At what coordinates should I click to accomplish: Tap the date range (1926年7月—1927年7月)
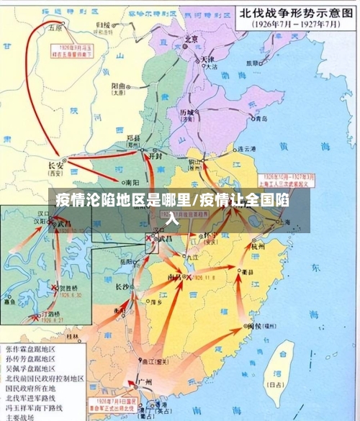(x=294, y=24)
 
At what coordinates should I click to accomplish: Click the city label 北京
(x=191, y=40)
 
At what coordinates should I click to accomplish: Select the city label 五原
(x=55, y=29)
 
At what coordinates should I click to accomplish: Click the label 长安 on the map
(x=56, y=163)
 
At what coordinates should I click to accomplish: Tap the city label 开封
(x=156, y=155)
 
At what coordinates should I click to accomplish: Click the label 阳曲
(x=120, y=85)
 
